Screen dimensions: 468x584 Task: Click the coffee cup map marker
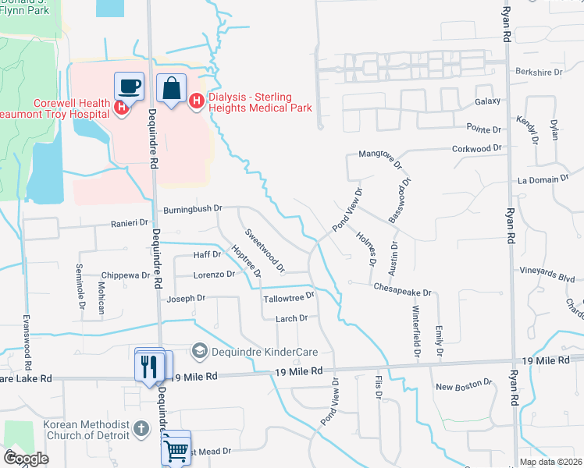[x=129, y=85]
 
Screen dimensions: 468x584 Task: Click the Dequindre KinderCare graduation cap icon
[x=200, y=351]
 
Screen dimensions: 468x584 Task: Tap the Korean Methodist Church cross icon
[x=141, y=427]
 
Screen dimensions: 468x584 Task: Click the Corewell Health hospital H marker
[x=122, y=108]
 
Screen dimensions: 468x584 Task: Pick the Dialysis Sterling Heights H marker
[x=196, y=101]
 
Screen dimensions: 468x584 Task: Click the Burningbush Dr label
[x=193, y=210]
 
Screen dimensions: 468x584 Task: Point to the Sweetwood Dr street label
[x=264, y=250]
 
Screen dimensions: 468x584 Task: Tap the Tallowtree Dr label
[x=288, y=296]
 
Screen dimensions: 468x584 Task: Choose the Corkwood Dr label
[x=476, y=147]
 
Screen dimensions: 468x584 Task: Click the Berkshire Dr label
[x=539, y=72]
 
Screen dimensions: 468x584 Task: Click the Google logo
[x=25, y=459]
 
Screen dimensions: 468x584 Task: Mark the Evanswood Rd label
[x=27, y=342]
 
